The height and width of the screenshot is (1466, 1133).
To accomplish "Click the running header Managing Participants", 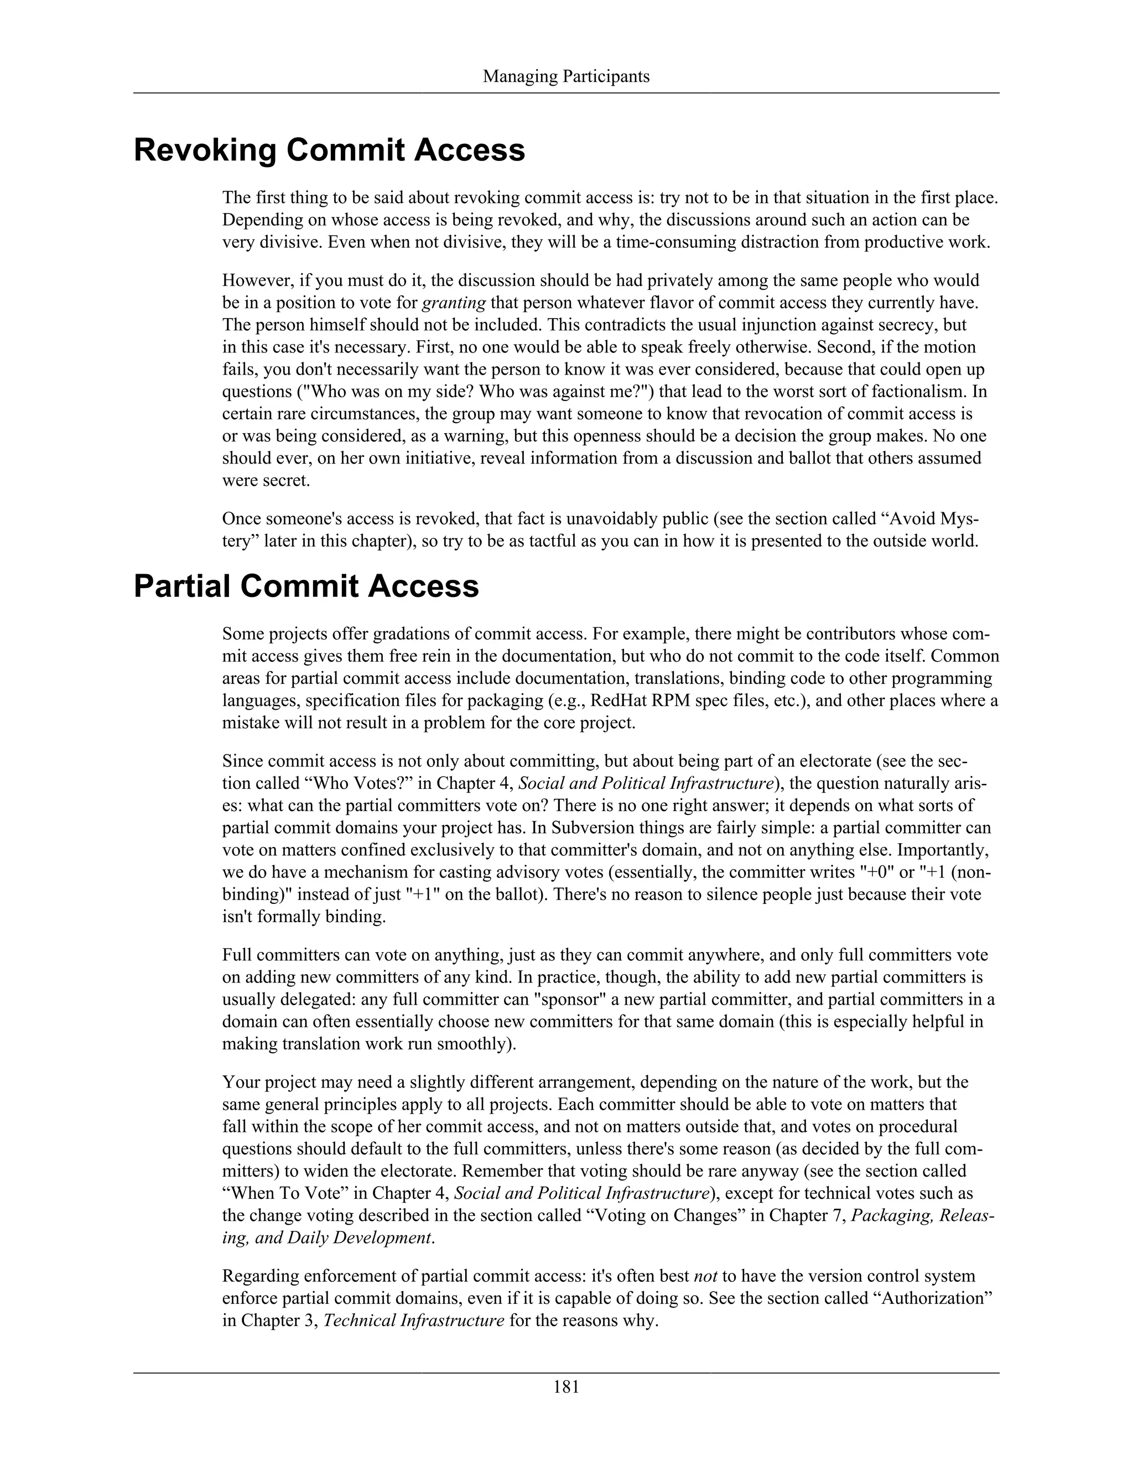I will click(x=566, y=76).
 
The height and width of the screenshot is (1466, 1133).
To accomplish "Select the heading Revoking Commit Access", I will click(x=329, y=150).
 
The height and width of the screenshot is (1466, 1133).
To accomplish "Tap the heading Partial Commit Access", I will click(x=306, y=586).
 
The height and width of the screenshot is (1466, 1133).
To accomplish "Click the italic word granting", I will click(x=453, y=303).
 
